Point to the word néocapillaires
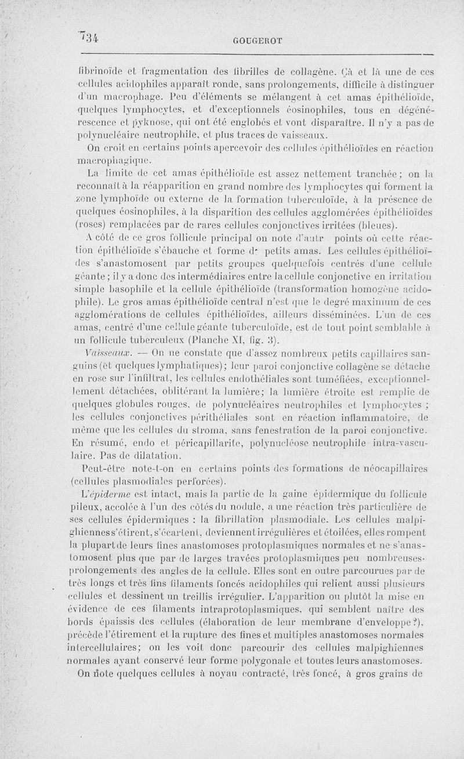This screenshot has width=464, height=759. pyautogui.click(x=388, y=469)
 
